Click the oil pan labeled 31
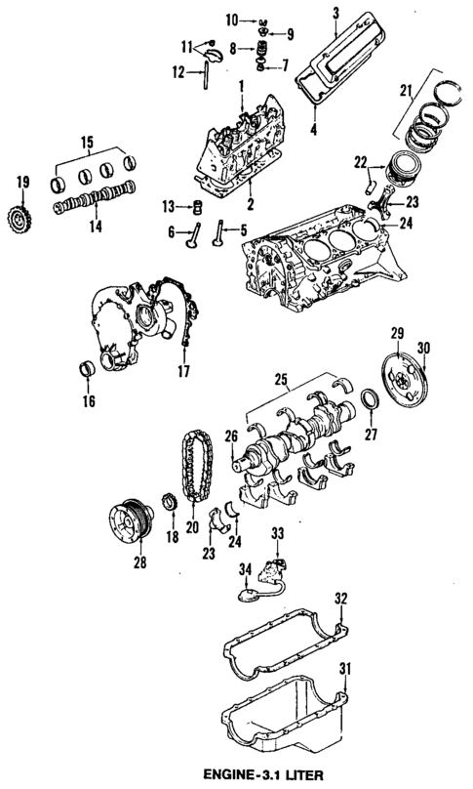pos(283,718)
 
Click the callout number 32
pos(339,597)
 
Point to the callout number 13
pos(170,206)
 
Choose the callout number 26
pos(231,436)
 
